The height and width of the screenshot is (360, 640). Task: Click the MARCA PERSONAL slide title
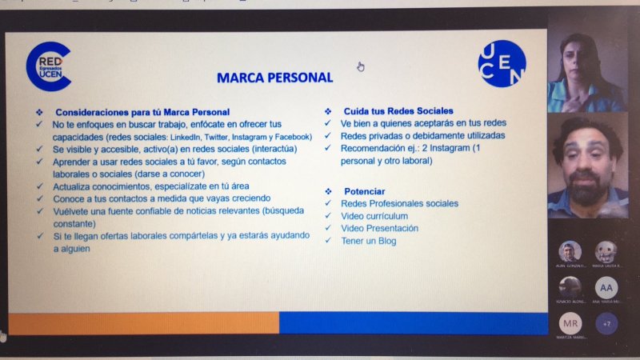(274, 78)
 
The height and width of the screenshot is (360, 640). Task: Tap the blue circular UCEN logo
(502, 63)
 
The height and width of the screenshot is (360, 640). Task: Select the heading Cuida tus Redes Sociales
(398, 110)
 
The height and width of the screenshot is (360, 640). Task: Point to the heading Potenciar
(364, 191)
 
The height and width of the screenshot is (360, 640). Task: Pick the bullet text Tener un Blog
(368, 241)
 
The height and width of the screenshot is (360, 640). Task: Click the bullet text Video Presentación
(379, 228)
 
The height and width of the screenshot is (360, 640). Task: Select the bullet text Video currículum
(374, 216)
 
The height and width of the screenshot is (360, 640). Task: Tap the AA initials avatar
(606, 287)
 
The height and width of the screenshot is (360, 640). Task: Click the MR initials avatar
(570, 324)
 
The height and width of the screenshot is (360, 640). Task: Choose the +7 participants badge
(606, 323)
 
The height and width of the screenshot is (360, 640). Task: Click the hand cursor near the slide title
(361, 66)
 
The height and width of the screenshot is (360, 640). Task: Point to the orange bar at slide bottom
(142, 322)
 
